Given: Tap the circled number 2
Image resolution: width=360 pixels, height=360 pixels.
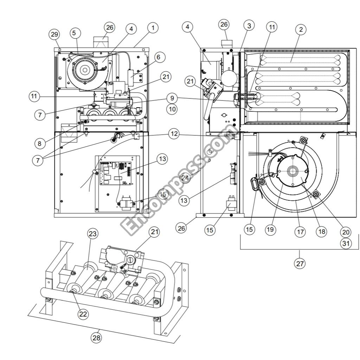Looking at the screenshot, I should click(x=301, y=30).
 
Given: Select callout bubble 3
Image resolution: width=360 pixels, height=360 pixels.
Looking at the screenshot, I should click(x=249, y=26).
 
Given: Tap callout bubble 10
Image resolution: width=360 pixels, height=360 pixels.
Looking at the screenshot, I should click(x=172, y=109).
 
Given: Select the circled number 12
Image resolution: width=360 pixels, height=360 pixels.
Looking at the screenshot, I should click(x=173, y=134).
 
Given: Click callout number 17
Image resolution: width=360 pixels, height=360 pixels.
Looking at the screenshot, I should click(x=301, y=232).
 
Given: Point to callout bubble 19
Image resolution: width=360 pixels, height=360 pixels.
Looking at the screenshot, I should click(x=270, y=230).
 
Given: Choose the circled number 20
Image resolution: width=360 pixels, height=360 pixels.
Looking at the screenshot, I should click(x=346, y=232).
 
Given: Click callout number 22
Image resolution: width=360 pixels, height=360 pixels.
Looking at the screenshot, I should click(x=83, y=314).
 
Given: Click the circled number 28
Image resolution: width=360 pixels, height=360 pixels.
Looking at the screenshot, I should click(x=96, y=338).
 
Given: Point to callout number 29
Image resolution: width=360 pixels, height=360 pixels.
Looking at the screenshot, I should click(x=54, y=34).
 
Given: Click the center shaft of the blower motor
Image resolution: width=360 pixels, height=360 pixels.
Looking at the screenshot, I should click(x=292, y=171).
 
